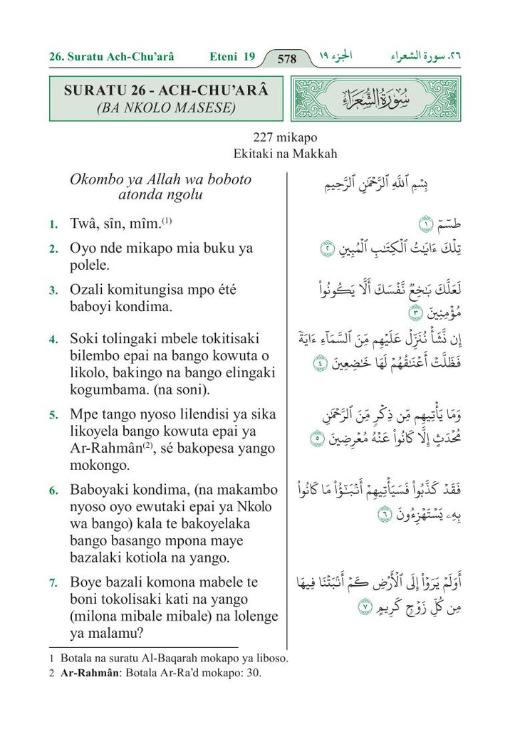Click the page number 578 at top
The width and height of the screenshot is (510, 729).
pyautogui.click(x=286, y=58)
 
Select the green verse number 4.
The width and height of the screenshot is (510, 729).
pyautogui.click(x=54, y=340)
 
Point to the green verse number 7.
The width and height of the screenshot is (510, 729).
pyautogui.click(x=54, y=584)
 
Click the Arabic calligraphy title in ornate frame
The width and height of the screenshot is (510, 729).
pyautogui.click(x=377, y=99)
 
